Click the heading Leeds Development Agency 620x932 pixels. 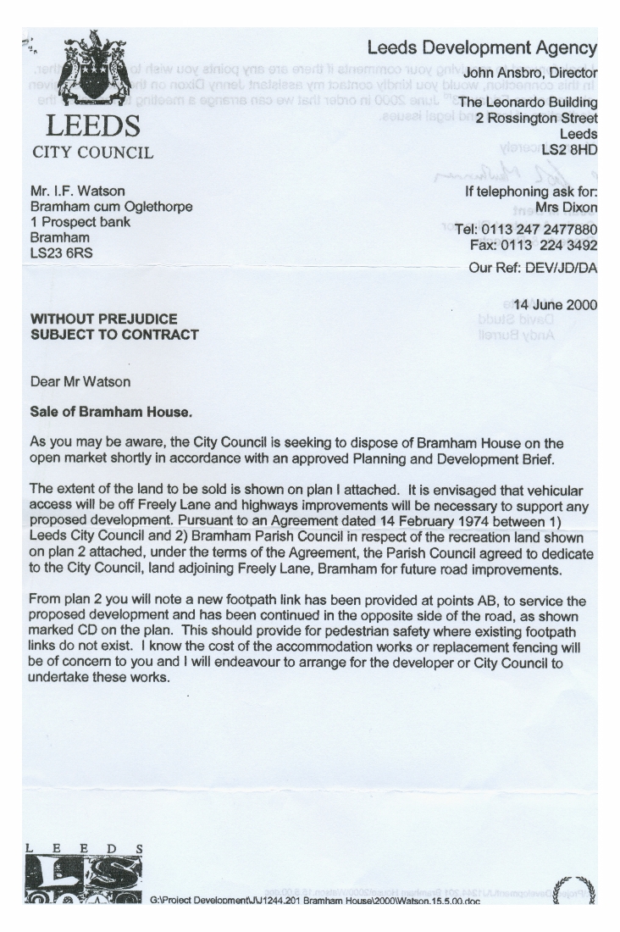(x=482, y=48)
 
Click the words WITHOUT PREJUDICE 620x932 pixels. (x=104, y=319)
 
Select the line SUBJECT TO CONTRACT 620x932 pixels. (x=114, y=334)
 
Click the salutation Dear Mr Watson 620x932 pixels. (x=80, y=381)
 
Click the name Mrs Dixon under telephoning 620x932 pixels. (x=566, y=207)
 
